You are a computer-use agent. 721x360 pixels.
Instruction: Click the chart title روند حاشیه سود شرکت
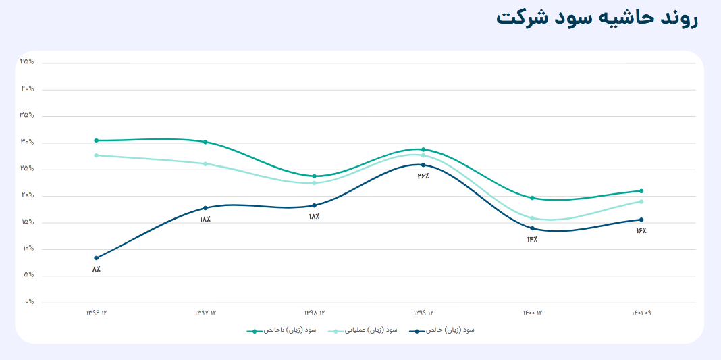click(x=597, y=18)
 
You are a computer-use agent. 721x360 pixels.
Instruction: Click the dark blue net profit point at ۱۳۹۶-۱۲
click(x=97, y=258)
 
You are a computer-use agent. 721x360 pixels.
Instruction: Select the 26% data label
click(x=423, y=176)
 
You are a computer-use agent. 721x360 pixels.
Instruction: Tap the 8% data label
click(x=97, y=269)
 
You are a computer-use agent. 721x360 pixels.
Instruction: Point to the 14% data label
click(x=532, y=240)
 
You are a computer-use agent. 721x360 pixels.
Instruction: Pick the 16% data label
click(x=641, y=231)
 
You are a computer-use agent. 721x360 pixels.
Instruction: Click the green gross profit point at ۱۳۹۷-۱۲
click(x=205, y=142)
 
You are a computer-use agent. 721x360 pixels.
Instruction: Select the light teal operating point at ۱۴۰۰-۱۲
click(x=532, y=218)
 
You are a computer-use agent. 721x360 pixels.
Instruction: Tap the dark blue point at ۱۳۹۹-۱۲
click(x=423, y=165)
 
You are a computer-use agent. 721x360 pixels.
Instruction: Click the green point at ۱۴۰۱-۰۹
click(x=641, y=191)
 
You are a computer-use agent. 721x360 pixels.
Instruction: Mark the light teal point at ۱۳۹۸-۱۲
click(x=315, y=183)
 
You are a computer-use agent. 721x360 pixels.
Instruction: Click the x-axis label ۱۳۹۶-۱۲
click(x=97, y=313)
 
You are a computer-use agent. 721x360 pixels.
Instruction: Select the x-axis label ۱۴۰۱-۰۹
click(x=641, y=313)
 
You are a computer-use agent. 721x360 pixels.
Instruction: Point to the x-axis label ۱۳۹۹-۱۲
click(x=423, y=313)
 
